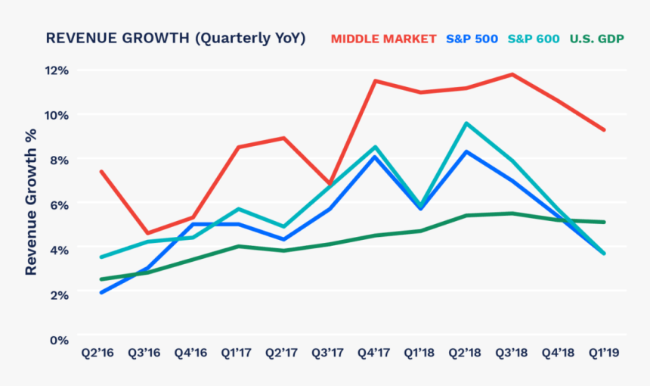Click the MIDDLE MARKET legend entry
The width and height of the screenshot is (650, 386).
384,39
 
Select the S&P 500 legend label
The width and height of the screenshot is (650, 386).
472,39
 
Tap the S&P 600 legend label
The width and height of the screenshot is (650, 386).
534,39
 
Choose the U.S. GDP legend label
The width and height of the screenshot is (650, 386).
596,39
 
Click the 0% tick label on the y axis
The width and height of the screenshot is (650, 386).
60,340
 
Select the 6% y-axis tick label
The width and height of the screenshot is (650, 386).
60,205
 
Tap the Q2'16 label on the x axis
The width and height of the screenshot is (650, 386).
97,353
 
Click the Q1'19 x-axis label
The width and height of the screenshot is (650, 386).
605,353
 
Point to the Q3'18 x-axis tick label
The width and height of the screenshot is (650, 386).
512,353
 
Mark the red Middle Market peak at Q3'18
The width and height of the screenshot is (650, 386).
512,74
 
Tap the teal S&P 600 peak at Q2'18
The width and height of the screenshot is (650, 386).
466,123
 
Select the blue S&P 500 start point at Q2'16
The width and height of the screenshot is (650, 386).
101,292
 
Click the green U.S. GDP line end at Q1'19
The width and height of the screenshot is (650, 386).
604,222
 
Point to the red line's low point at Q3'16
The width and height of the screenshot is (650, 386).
147,233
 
